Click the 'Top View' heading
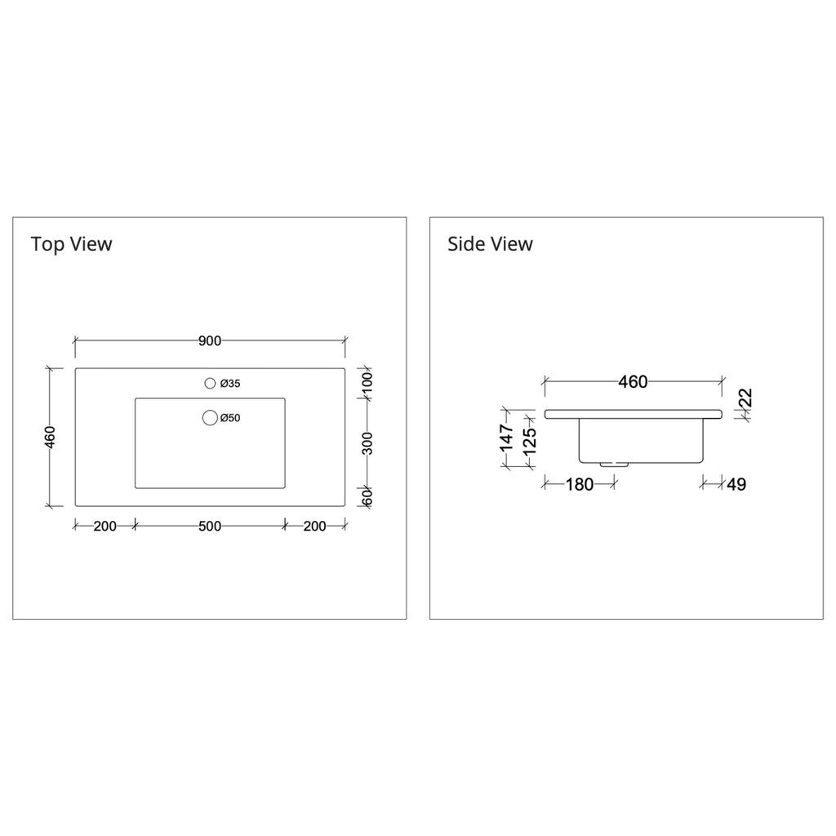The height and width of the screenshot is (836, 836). pos(72,244)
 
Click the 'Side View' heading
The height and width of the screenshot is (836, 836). pos(490,244)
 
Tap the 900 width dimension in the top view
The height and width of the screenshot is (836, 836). pos(210,340)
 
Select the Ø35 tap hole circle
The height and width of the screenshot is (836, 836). pos(210,383)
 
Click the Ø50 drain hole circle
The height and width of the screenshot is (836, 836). pos(210,418)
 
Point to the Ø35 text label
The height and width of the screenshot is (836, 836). pos(230,384)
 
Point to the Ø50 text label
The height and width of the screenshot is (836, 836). pos(230,418)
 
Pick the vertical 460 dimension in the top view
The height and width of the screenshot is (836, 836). pos(50,438)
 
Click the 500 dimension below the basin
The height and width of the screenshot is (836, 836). pos(210,527)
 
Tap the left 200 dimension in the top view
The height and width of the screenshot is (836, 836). pos(105,527)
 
